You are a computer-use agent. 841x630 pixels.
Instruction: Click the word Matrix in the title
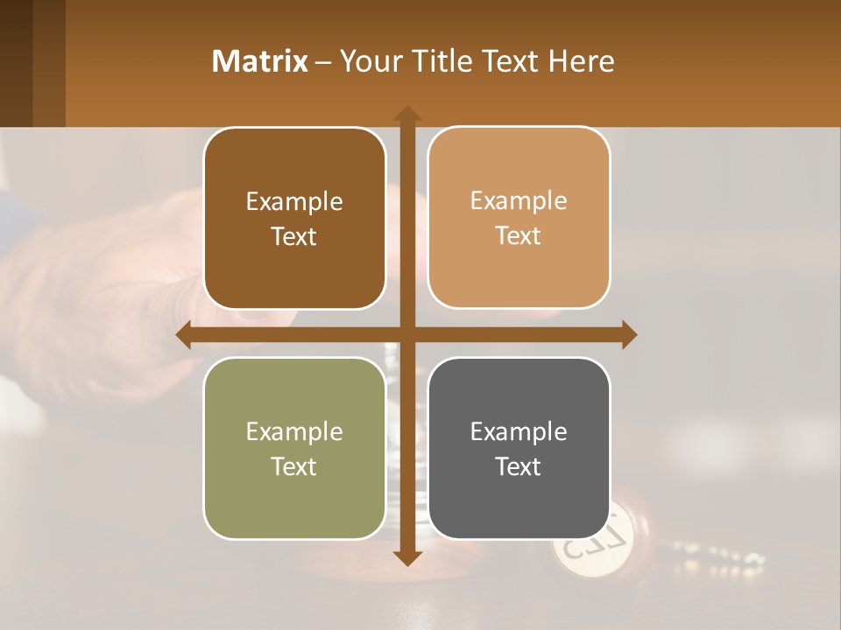pyautogui.click(x=259, y=61)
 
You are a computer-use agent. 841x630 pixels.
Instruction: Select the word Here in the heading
pyautogui.click(x=582, y=61)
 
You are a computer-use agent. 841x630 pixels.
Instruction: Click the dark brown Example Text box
pyautogui.click(x=294, y=219)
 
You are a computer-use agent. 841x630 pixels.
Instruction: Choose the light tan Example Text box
pyautogui.click(x=519, y=218)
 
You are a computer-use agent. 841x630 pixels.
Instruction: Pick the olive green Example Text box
pyautogui.click(x=294, y=448)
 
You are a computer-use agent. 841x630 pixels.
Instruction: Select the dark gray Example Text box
pyautogui.click(x=519, y=448)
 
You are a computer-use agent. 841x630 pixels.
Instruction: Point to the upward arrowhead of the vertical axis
pyautogui.click(x=407, y=114)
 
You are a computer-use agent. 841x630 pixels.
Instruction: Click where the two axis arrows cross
pyautogui.click(x=407, y=335)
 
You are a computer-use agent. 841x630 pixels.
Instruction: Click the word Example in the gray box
pyautogui.click(x=519, y=431)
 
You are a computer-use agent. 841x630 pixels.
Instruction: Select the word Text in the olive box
pyautogui.click(x=294, y=466)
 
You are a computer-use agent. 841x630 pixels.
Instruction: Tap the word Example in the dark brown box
pyautogui.click(x=294, y=202)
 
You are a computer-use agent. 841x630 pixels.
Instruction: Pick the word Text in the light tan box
pyautogui.click(x=519, y=236)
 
